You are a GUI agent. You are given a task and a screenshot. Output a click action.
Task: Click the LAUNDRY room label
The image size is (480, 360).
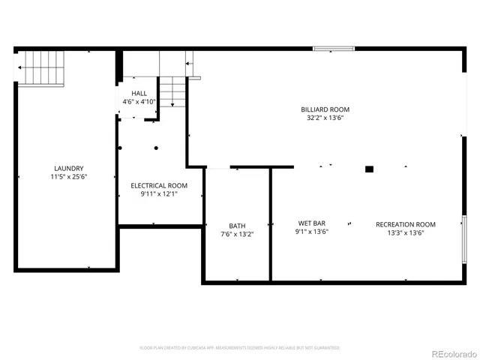coord(68,169)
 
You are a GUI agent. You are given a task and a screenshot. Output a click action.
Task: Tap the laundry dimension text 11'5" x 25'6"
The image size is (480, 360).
coord(68,177)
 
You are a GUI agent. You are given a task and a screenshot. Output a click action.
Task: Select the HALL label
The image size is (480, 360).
coord(139,93)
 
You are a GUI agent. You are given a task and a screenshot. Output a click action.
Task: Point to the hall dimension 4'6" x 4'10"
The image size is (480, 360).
coord(139,101)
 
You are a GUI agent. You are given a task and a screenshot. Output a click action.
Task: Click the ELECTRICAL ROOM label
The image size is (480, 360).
coord(159,185)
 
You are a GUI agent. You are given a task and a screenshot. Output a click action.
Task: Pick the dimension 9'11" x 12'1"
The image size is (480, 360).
coord(159,193)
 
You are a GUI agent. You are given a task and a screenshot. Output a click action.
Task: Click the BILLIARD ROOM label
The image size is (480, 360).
coord(325,109)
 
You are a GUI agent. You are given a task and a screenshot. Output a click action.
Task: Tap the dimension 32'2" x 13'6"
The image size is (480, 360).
coord(325,118)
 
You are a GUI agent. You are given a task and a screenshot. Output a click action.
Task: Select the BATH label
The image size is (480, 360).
coord(237,226)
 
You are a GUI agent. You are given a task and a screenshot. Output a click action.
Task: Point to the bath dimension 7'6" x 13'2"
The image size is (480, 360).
coord(237,234)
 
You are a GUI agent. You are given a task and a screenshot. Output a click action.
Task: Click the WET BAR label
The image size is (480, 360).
coord(311,223)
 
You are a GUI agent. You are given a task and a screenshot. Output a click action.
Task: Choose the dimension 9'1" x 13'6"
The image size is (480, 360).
coord(311,232)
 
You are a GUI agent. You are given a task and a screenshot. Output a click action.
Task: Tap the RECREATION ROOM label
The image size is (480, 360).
coord(405,224)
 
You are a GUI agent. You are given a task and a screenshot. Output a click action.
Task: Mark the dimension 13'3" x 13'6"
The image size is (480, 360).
coord(405,232)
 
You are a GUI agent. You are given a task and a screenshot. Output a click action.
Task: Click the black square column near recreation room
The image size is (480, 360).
coord(369,169)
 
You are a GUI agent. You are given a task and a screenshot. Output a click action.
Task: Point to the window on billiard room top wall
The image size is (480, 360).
coord(334,49)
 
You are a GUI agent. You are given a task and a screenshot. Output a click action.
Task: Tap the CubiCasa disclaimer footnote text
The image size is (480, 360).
coord(240,348)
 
